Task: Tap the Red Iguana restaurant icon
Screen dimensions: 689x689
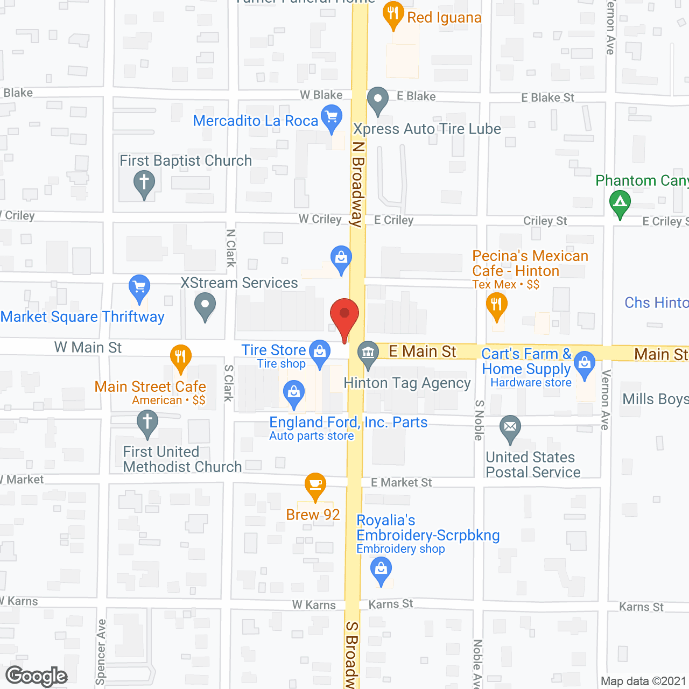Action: pyautogui.click(x=393, y=13)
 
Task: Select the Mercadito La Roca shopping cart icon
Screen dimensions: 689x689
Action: pyautogui.click(x=332, y=117)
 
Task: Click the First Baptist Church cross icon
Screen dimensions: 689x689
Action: pyautogui.click(x=144, y=182)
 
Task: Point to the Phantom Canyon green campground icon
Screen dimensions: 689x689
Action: pyautogui.click(x=620, y=203)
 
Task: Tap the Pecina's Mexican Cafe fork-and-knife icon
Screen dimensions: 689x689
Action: pyautogui.click(x=497, y=305)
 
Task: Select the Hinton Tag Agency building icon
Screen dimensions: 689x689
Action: pyautogui.click(x=368, y=353)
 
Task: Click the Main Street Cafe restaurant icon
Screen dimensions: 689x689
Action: pyautogui.click(x=181, y=357)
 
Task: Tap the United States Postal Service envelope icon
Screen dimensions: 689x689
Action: pyautogui.click(x=510, y=428)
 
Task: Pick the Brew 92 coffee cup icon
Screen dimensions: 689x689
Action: pyautogui.click(x=315, y=484)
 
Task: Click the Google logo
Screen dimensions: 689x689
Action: pyautogui.click(x=37, y=676)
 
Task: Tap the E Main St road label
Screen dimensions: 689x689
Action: pyautogui.click(x=423, y=351)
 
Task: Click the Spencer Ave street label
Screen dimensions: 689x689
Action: pyautogui.click(x=101, y=651)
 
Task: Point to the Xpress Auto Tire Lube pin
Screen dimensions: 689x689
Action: pyautogui.click(x=378, y=100)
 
